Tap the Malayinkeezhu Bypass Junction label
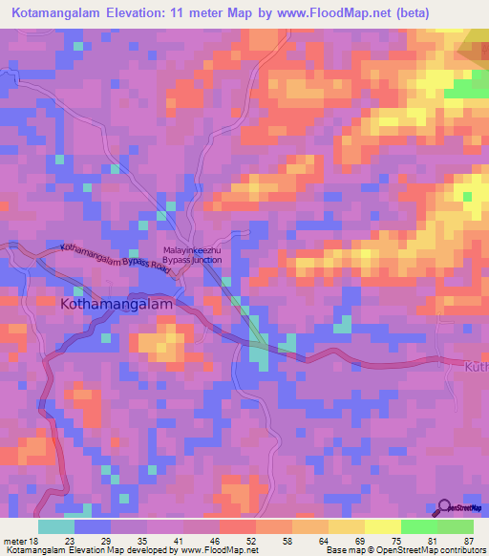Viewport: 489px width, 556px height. [x=192, y=254]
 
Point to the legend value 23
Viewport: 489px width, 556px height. [x=69, y=540]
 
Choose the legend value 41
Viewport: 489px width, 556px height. [x=179, y=540]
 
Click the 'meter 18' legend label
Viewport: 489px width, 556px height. [x=19, y=540]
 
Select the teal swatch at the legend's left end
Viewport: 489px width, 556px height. [x=55, y=526]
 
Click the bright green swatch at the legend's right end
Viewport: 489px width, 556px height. [x=455, y=526]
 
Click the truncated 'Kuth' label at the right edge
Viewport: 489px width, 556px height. [x=476, y=367]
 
